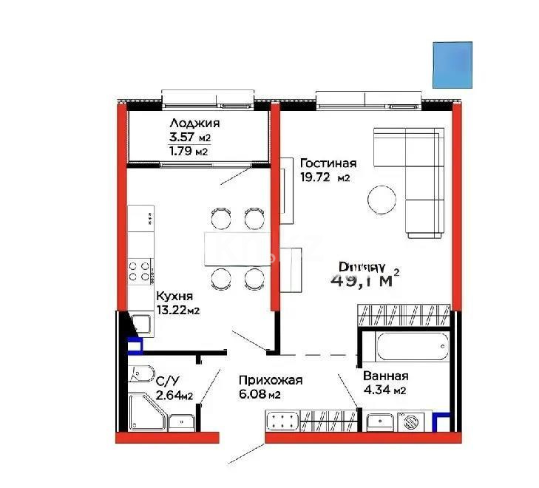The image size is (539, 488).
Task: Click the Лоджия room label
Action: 194,123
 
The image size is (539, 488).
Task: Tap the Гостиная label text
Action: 328,163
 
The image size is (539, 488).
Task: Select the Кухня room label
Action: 175,296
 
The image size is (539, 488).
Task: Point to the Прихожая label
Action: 271,380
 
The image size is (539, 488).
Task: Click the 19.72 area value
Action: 316,178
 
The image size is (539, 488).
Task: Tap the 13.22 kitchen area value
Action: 172,311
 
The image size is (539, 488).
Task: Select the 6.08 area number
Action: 251,395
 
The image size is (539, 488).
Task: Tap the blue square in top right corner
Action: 452,63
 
